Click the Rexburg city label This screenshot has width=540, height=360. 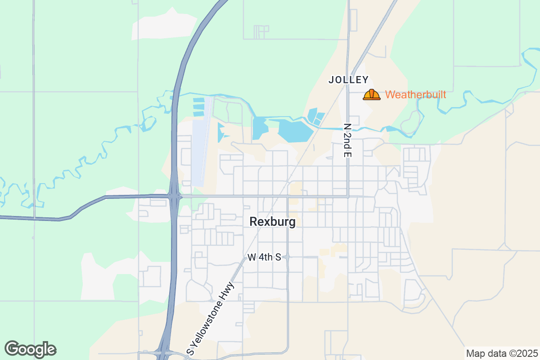tap(272, 222)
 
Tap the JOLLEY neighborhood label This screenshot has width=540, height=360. tap(348, 80)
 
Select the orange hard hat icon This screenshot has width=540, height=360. tap(372, 94)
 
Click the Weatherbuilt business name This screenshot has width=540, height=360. tap(416, 95)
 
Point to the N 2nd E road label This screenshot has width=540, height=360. tap(347, 140)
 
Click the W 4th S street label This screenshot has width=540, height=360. tap(264, 257)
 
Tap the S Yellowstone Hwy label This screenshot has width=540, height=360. tap(211, 319)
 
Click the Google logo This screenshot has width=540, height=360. tap(30, 349)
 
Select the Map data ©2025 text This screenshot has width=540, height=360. tap(501, 353)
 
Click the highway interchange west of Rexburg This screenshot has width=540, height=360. tap(174, 197)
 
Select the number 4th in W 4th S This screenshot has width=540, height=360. tap(265, 257)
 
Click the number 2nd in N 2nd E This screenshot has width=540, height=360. tap(347, 140)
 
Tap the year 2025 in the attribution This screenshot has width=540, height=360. tap(527, 353)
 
